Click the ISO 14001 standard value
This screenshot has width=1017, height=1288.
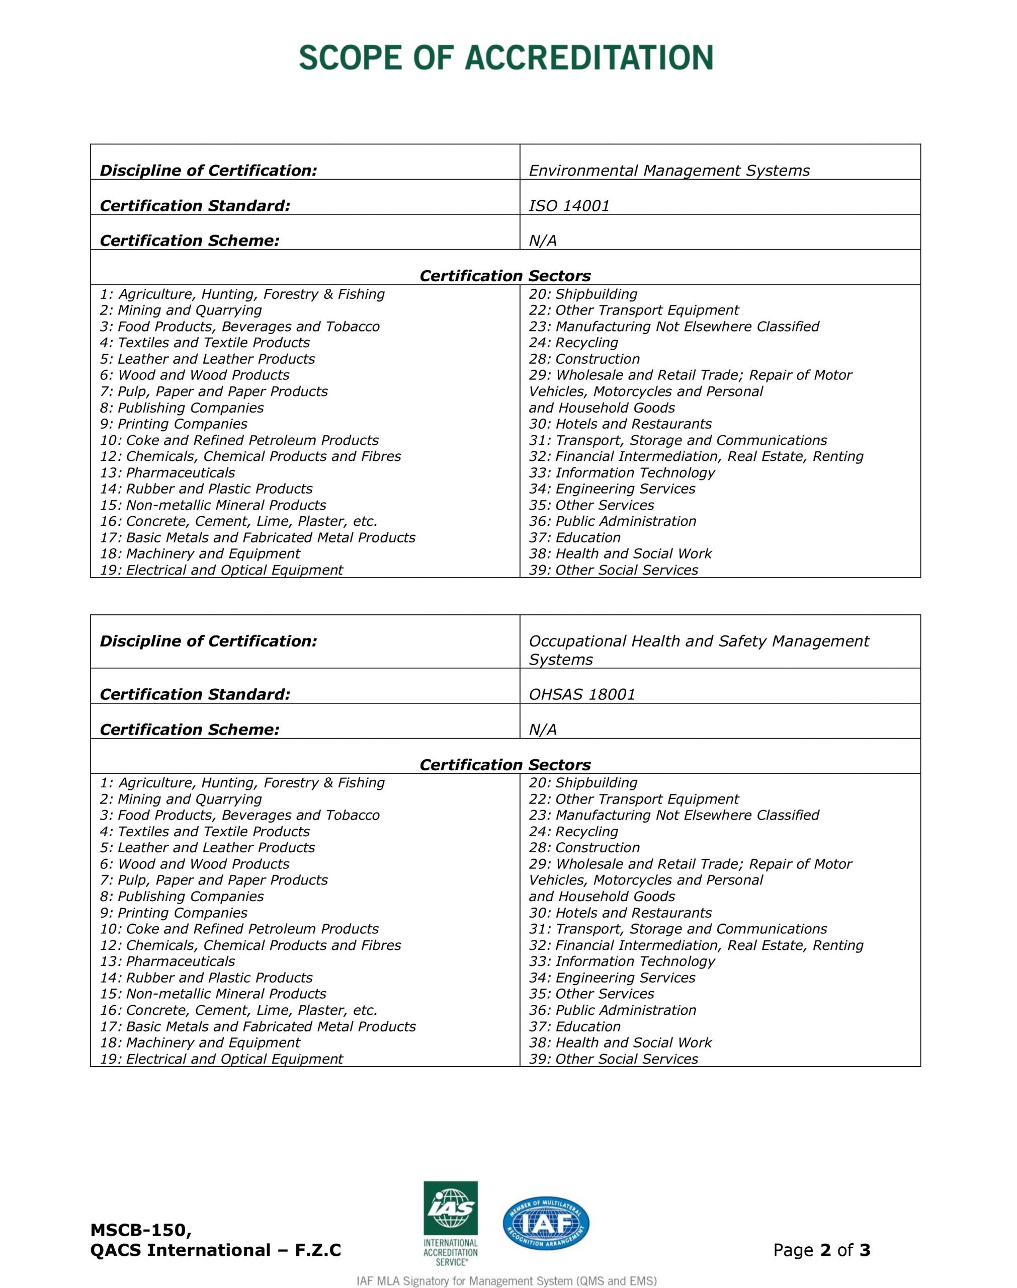tap(569, 206)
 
